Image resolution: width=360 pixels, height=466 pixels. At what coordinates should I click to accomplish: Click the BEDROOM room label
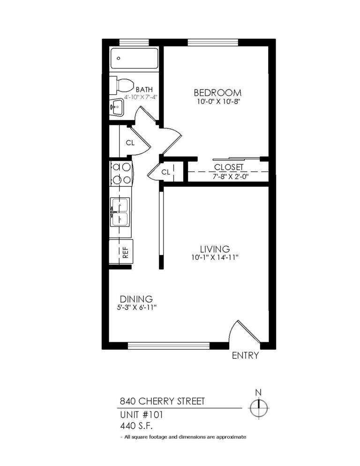point(217,92)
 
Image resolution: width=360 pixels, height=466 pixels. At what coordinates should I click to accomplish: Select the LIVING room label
point(215,248)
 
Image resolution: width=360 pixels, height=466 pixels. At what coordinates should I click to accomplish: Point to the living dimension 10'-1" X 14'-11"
point(215,257)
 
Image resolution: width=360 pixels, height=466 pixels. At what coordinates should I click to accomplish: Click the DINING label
point(136,299)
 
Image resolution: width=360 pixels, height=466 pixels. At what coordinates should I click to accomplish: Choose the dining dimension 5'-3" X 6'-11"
point(136,308)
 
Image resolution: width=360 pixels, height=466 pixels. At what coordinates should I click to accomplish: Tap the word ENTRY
point(245,356)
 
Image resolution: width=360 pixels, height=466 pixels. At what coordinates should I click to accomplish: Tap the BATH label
point(144,89)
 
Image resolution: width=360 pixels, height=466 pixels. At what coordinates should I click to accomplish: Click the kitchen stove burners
point(121,173)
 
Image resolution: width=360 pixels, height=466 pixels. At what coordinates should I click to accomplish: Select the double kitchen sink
point(120,212)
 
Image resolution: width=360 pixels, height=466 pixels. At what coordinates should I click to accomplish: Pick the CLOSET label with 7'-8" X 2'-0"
point(228,167)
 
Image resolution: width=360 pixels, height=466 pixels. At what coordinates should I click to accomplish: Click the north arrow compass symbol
point(258,406)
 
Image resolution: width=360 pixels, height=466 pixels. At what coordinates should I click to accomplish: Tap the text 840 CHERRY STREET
point(162,401)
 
